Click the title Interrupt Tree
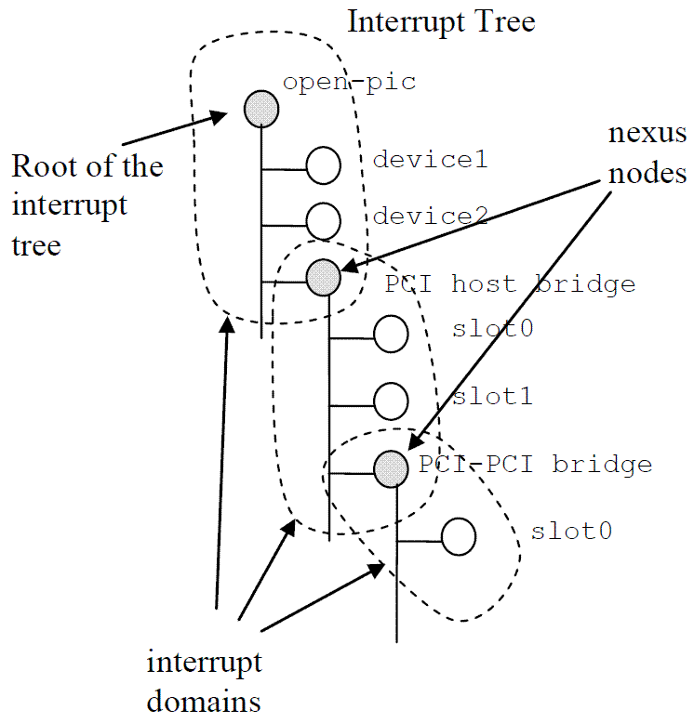pyautogui.click(x=441, y=20)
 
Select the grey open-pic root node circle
pyautogui.click(x=261, y=110)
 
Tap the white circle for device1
pyautogui.click(x=324, y=166)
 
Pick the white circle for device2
pyautogui.click(x=323, y=220)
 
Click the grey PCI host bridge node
pyautogui.click(x=324, y=276)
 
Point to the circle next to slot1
pyautogui.click(x=391, y=401)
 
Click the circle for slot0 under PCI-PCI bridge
pyautogui.click(x=459, y=536)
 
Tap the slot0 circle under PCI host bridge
pyautogui.click(x=391, y=334)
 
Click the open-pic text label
pyautogui.click(x=349, y=83)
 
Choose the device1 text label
pyautogui.click(x=430, y=159)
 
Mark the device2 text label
pyautogui.click(x=430, y=217)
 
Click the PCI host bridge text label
pyautogui.click(x=510, y=283)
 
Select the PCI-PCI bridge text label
pyautogui.click(x=535, y=463)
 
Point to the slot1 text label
pyautogui.click(x=492, y=397)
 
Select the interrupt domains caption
pyautogui.click(x=204, y=681)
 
